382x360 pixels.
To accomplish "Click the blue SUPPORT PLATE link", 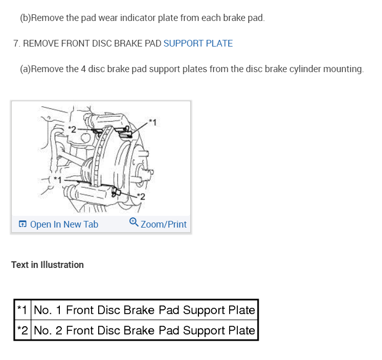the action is point(198,43).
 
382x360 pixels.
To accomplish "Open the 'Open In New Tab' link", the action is point(64,224).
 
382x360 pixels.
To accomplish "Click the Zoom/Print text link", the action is point(164,224).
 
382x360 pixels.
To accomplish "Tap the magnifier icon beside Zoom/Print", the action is point(134,222).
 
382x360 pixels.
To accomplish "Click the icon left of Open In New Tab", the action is point(23,224).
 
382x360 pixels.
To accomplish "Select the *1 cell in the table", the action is point(21,310).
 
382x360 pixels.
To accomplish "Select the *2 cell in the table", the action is point(21,330).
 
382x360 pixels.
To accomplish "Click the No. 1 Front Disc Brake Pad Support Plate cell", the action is point(144,310).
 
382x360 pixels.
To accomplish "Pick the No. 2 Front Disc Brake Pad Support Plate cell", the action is point(144,330).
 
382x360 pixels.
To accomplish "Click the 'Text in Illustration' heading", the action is point(48,265).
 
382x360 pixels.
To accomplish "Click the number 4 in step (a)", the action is point(83,69).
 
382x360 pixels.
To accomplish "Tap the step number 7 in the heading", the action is point(16,43).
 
